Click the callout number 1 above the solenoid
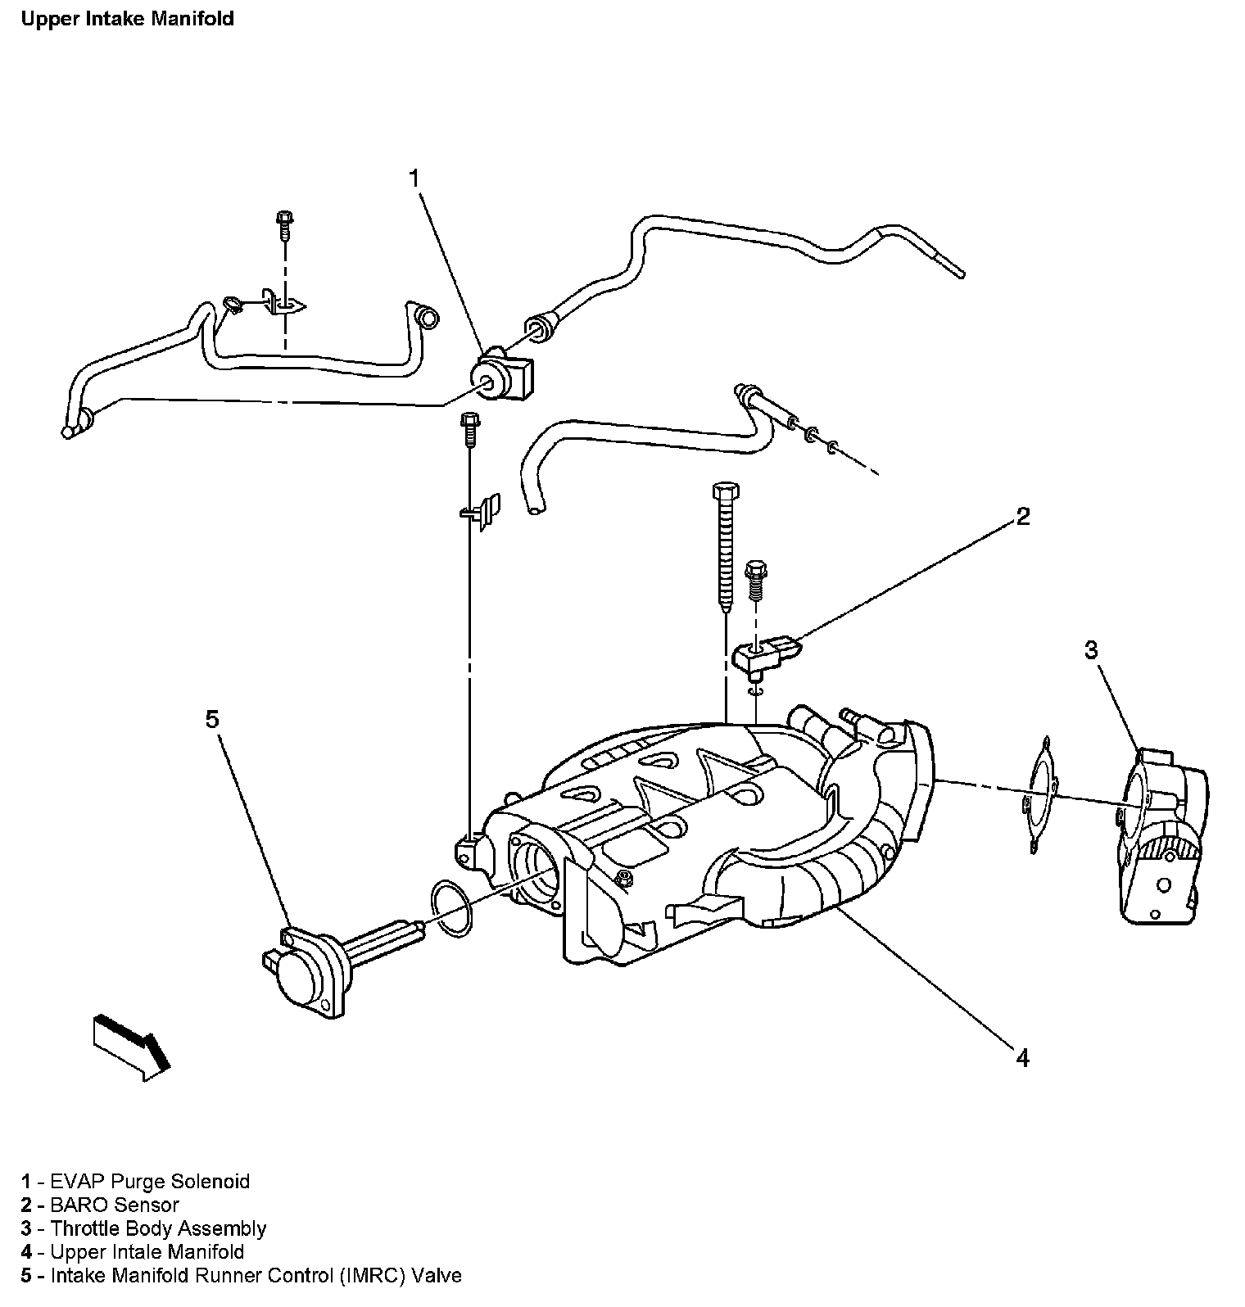pos(414,178)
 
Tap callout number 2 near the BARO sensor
pos(1023,516)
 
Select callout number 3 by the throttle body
pos(1091,649)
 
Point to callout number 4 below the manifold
pos(1022,1058)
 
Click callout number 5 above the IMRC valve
pos(212,719)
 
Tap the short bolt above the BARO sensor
pos(754,581)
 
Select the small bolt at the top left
pos(284,224)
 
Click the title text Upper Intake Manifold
pos(128,19)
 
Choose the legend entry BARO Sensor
pos(115,1205)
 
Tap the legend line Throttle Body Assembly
pos(158,1228)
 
